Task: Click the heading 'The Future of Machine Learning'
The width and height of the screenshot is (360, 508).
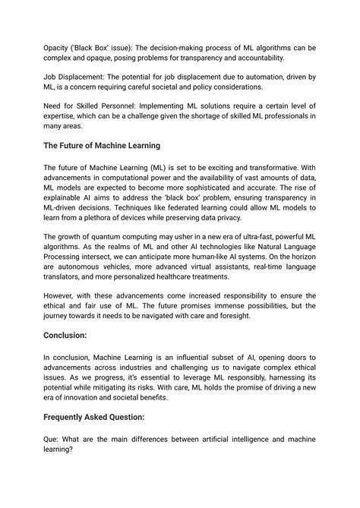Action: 112,145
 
